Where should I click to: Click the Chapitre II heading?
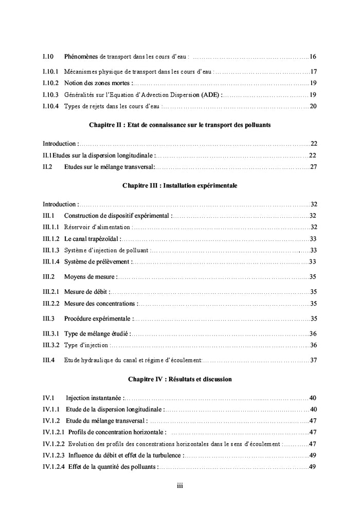[179, 125]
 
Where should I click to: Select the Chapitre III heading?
[179, 185]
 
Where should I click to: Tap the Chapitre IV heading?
[179, 379]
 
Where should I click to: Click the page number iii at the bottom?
[179, 485]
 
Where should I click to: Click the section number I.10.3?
[50, 95]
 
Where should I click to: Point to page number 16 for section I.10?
[313, 56]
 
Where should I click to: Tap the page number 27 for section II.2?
[313, 167]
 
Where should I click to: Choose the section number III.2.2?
[51, 304]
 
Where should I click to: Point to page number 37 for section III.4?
[313, 360]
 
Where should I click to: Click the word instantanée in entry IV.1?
[106, 398]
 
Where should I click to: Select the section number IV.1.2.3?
[54, 455]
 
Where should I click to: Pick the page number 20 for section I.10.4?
[313, 107]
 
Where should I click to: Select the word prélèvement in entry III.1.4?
[113, 262]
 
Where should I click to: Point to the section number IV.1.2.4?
[54, 467]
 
